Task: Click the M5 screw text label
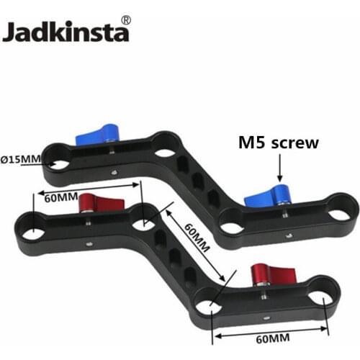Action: tap(278, 143)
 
